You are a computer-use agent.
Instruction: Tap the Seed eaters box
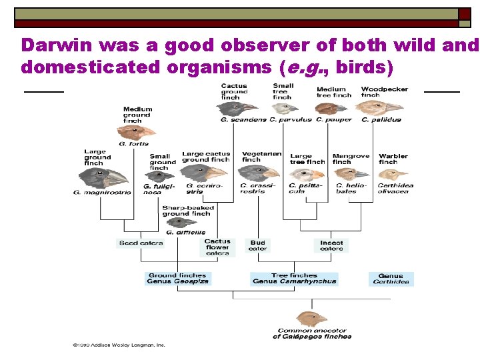140,243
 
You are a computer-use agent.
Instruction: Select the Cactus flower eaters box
217,247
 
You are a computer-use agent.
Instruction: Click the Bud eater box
257,245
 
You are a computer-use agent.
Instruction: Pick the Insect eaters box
331,245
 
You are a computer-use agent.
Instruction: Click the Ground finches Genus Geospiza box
177,278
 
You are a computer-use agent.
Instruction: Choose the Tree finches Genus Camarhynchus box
294,278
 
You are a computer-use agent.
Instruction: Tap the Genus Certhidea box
391,279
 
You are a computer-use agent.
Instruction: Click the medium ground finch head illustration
140,132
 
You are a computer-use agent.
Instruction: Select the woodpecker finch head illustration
387,107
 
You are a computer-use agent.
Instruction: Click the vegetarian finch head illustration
257,173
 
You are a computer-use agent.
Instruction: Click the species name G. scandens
243,120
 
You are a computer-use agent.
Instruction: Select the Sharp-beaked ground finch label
188,211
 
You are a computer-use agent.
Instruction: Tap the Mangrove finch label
351,159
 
